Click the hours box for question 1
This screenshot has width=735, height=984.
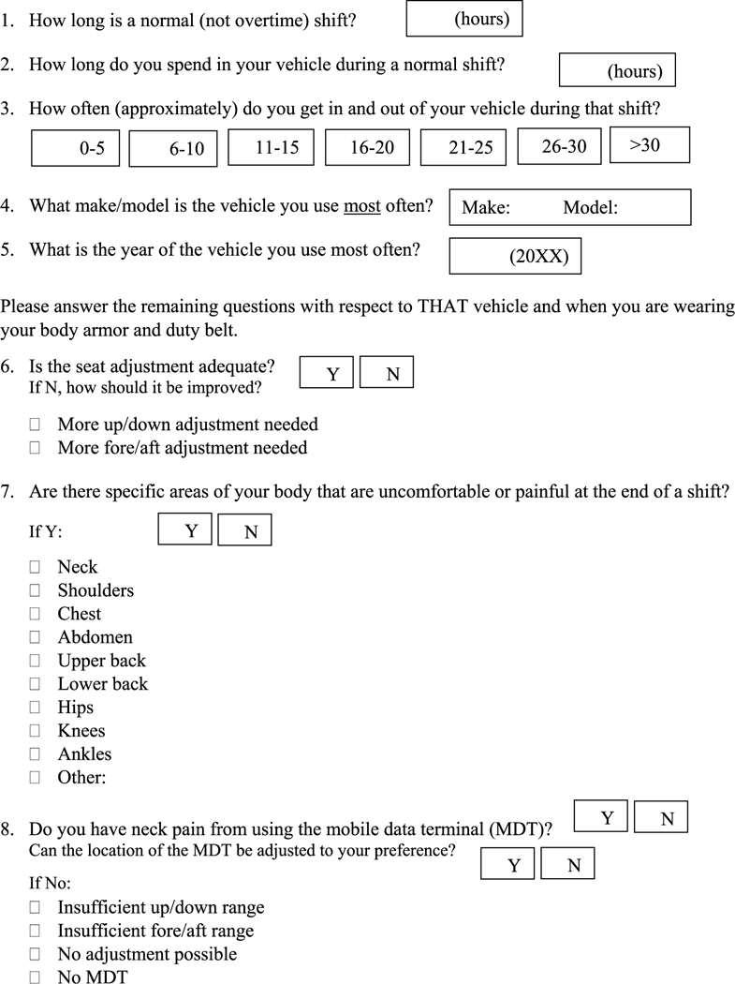(x=464, y=19)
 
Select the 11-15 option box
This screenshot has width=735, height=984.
(x=272, y=146)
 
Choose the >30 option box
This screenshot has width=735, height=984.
(x=649, y=144)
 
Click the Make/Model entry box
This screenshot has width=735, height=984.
(x=570, y=207)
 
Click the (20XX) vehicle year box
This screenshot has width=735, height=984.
(x=515, y=256)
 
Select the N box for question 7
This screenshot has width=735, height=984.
(x=245, y=530)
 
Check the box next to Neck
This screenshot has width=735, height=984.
(x=36, y=567)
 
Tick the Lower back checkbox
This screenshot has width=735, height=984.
(x=36, y=684)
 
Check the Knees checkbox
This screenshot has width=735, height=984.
(x=36, y=731)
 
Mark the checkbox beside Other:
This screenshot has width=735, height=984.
(x=36, y=778)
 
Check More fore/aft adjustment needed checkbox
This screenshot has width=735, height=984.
(x=36, y=448)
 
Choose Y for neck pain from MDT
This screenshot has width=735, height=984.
(x=600, y=817)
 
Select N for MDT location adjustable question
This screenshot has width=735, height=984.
(x=567, y=864)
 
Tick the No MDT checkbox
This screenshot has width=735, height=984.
(x=36, y=977)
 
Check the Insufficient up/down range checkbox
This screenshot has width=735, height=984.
(x=36, y=907)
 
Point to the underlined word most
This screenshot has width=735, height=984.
(x=361, y=205)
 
